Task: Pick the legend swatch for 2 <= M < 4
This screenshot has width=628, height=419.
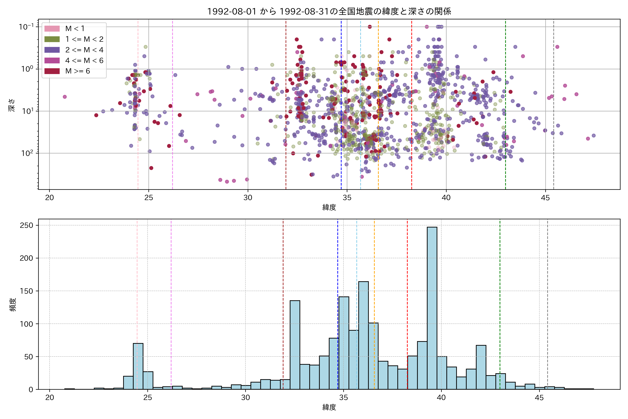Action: click(52, 50)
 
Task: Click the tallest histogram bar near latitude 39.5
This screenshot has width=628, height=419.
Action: click(432, 307)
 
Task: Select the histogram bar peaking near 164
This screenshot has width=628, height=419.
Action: click(363, 335)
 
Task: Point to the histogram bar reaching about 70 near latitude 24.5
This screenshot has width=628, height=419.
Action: click(138, 366)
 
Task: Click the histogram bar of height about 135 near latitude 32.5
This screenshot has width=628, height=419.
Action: click(295, 345)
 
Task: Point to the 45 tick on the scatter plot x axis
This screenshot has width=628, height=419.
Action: click(545, 198)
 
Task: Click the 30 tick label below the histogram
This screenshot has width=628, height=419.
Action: click(245, 398)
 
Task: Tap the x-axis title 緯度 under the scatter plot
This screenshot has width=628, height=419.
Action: click(329, 207)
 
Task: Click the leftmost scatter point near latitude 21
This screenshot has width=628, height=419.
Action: click(65, 97)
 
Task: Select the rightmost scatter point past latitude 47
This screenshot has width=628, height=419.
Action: click(594, 135)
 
